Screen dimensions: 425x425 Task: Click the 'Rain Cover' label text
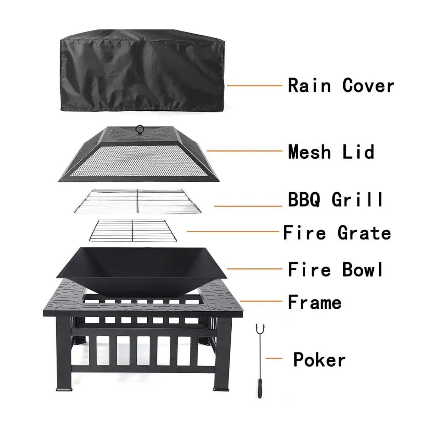tap(341, 86)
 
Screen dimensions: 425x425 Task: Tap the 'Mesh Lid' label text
tap(331, 152)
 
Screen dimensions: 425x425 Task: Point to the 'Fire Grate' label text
tap(337, 233)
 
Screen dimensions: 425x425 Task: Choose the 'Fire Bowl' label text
tap(335, 270)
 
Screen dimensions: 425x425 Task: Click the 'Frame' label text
tap(314, 302)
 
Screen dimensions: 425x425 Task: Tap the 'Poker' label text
tap(319, 360)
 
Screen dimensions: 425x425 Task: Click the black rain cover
tap(140, 71)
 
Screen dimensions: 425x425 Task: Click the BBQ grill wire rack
tap(137, 201)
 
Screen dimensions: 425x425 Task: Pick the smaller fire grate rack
tap(132, 231)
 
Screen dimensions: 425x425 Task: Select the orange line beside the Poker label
tap(273, 359)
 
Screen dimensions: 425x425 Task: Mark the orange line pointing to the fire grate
tap(233, 232)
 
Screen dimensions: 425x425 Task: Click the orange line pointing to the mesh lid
tap(244, 151)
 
